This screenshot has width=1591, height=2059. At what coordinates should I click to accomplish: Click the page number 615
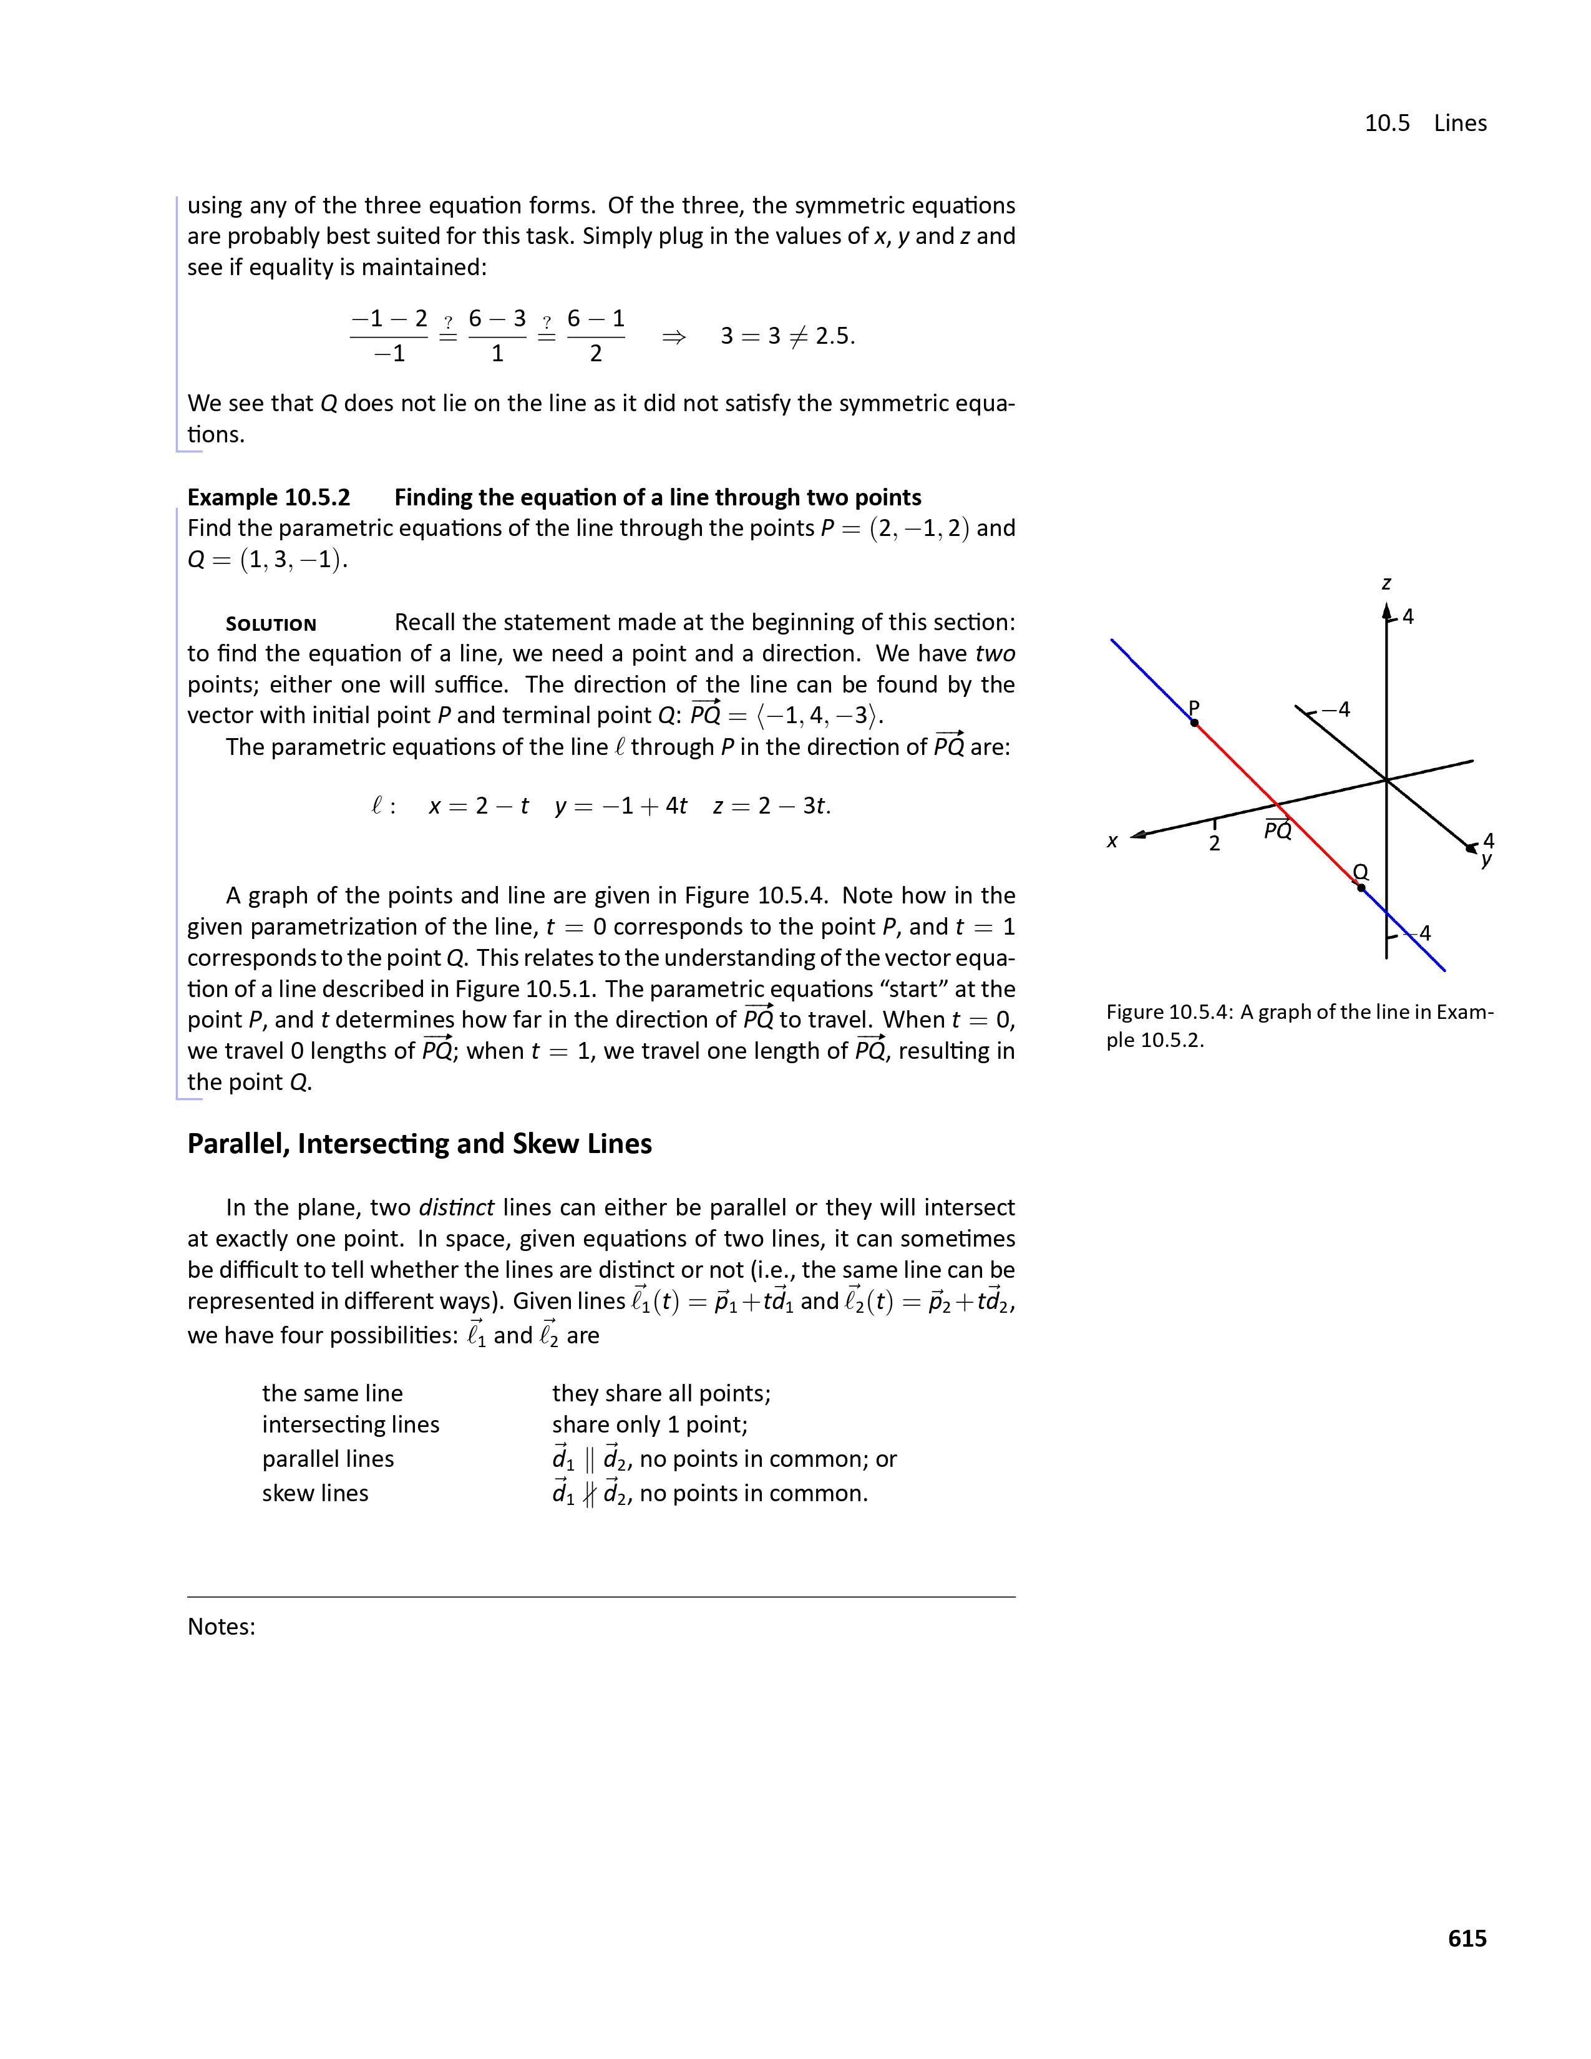pos(1467,1939)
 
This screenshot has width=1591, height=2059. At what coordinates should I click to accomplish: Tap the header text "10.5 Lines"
pos(1425,124)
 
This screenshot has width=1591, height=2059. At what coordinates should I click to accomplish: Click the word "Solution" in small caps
pos(271,624)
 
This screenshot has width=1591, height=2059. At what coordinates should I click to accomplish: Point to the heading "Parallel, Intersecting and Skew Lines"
pos(419,1144)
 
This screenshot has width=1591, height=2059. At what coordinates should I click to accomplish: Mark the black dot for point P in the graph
pos(1194,723)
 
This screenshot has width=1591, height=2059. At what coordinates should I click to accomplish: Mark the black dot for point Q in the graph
pos(1360,887)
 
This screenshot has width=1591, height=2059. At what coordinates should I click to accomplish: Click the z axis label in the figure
pos(1386,583)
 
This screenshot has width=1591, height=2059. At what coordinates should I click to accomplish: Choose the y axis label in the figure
pos(1486,859)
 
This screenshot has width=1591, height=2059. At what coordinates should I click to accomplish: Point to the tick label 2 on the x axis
pos(1214,844)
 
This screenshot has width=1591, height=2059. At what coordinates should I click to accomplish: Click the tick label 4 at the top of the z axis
pos(1408,616)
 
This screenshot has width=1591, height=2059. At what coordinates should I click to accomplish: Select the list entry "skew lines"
pos(315,1493)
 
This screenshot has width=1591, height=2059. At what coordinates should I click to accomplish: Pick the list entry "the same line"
pos(332,1393)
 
